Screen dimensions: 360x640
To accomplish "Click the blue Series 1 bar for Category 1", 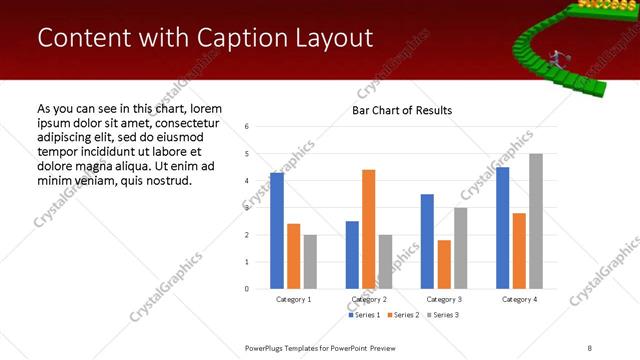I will coord(277,231).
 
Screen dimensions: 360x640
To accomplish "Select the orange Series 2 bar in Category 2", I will coord(369,229).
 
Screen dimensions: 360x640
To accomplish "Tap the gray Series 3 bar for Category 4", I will coord(536,221).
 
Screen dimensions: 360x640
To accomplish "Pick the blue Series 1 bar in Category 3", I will coord(427,241).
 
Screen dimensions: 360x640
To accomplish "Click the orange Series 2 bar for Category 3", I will coord(444,264).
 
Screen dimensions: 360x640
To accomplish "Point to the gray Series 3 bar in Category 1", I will coord(310,262).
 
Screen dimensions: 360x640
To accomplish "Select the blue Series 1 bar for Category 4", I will coord(502,228).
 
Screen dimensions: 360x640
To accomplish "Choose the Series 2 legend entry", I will coord(402,316).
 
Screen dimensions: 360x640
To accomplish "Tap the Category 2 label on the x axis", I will coord(369,300).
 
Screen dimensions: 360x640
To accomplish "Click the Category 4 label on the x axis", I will coord(519,300).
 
